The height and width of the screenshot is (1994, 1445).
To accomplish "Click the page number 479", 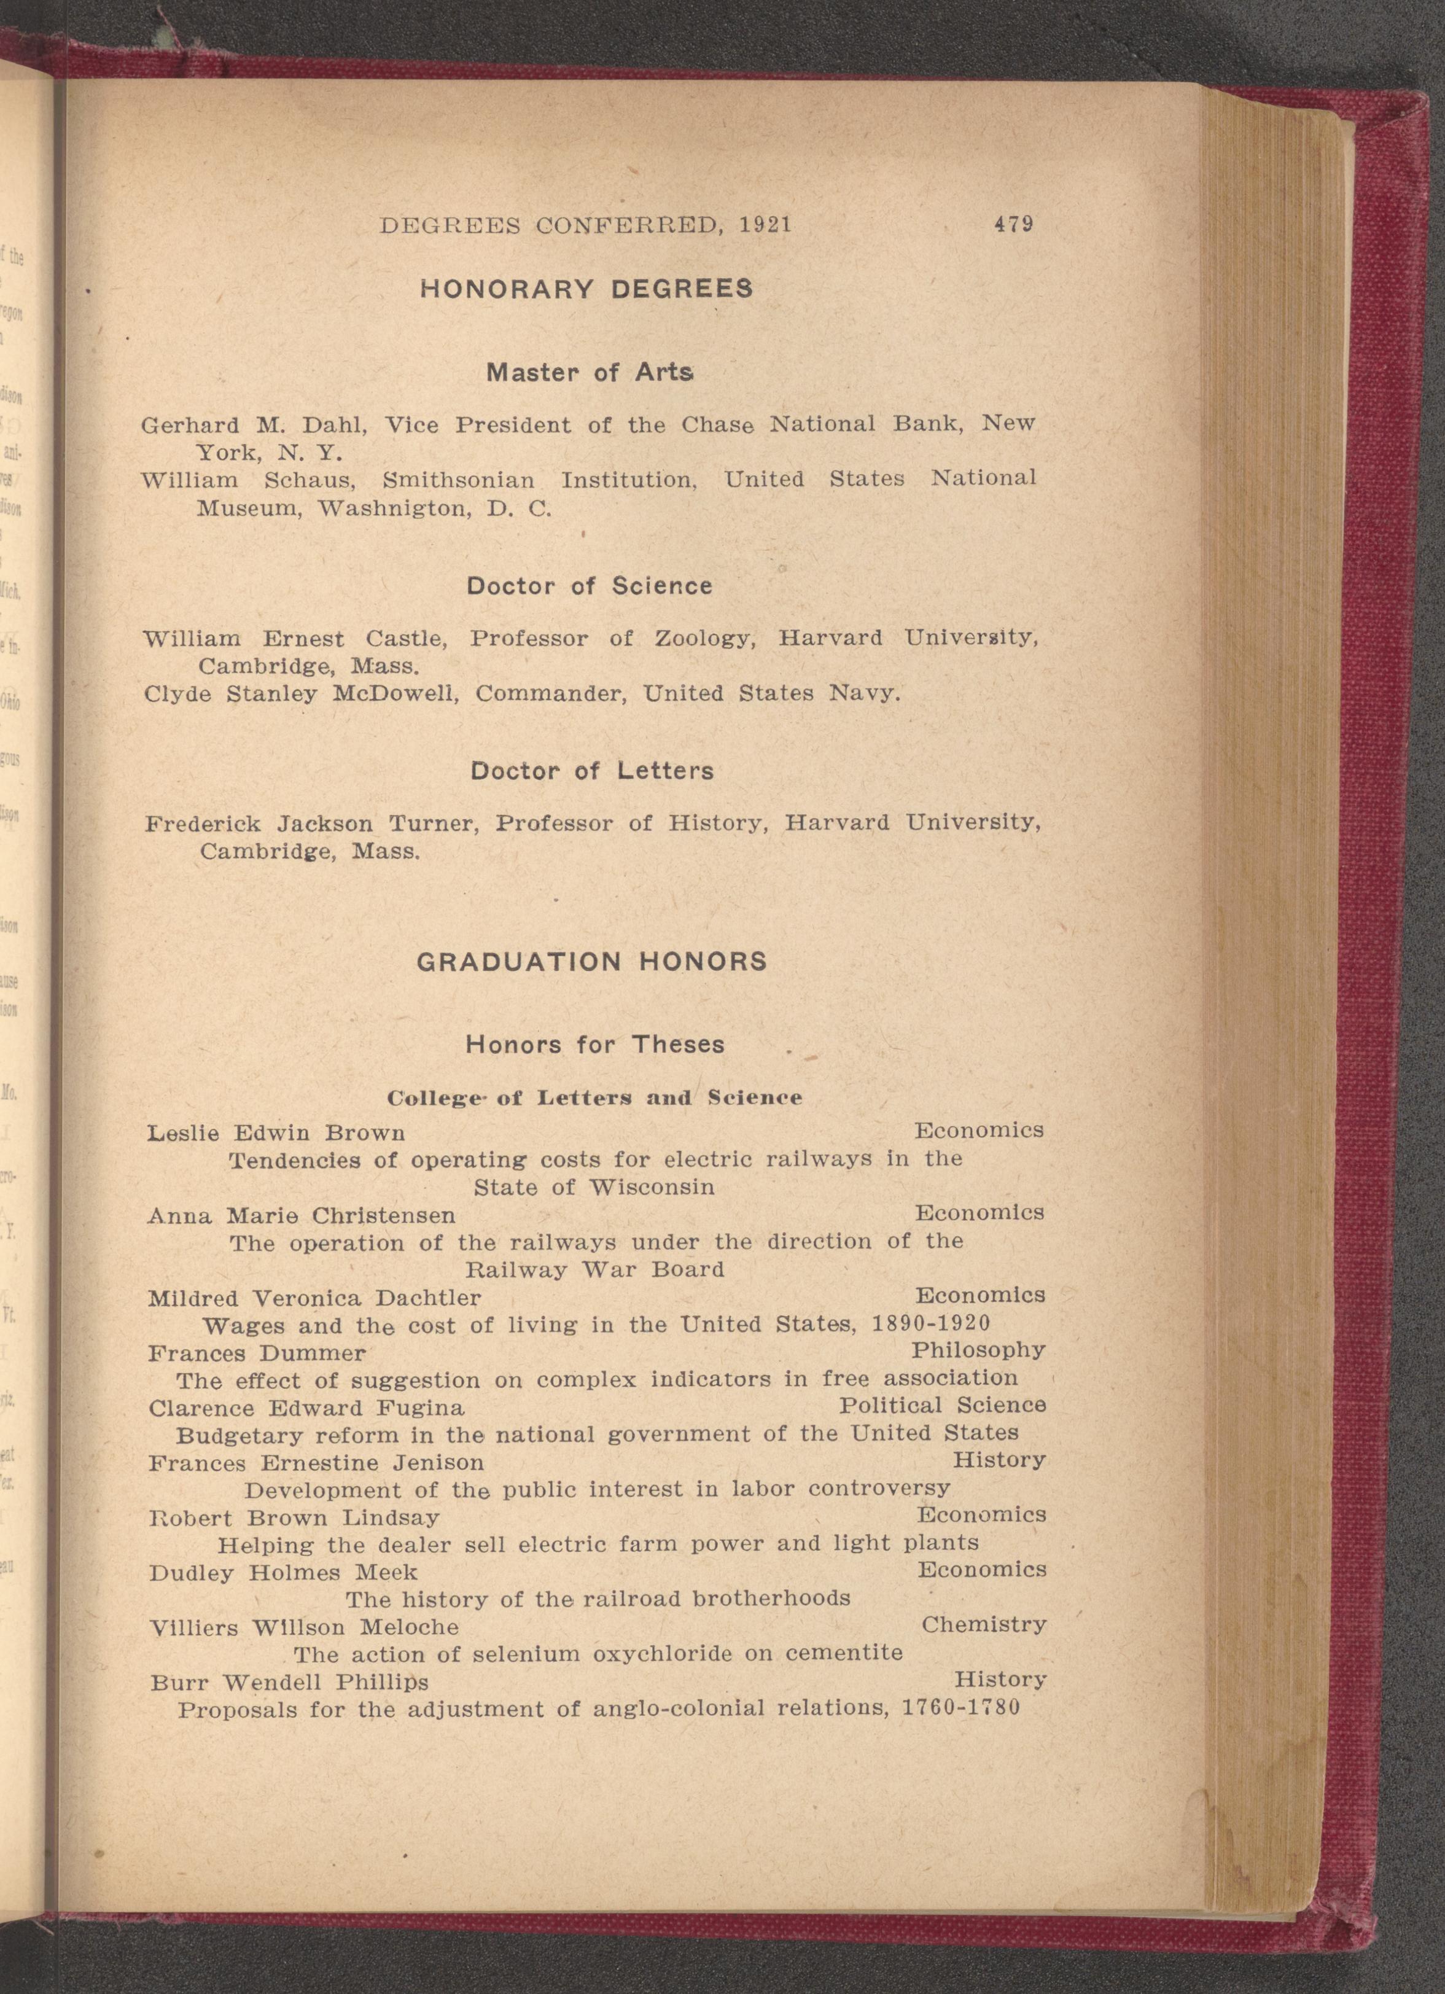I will [1013, 224].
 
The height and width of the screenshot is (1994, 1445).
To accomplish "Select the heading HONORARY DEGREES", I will [586, 289].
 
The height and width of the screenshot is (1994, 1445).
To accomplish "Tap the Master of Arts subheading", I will [590, 373].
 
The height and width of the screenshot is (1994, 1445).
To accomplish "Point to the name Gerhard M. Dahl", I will [253, 426].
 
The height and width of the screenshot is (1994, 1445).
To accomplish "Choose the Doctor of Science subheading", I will [589, 586].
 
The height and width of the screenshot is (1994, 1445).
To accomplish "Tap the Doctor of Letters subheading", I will [591, 771].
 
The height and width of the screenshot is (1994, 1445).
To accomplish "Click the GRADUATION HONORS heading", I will [591, 962].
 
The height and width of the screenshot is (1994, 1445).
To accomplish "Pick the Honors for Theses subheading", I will [595, 1045].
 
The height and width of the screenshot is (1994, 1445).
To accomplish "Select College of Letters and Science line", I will [594, 1098].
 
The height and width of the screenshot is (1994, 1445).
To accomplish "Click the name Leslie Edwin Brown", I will [276, 1133].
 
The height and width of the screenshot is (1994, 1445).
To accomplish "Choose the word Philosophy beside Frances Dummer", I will [978, 1350].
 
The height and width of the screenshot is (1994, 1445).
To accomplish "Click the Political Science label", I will [942, 1405].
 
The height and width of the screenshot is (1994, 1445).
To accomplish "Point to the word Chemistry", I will [984, 1625].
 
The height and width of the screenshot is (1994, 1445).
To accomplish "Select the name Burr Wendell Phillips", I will [289, 1683].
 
